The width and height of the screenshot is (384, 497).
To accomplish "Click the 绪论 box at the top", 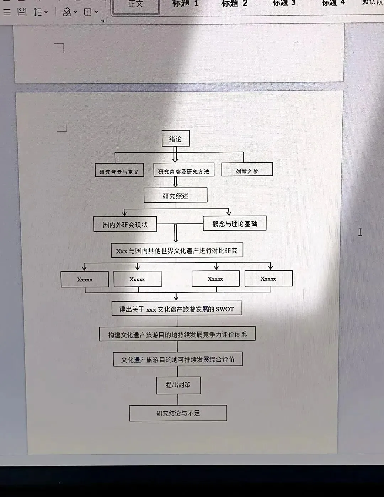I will (x=176, y=138).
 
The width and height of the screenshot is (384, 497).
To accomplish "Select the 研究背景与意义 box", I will (x=119, y=171).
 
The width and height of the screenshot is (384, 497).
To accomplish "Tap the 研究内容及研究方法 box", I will (x=184, y=171).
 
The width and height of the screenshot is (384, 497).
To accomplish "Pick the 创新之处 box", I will (x=247, y=170).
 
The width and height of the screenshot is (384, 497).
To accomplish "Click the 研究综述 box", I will (x=175, y=196).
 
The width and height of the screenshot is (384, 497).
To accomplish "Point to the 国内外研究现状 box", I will (x=125, y=224).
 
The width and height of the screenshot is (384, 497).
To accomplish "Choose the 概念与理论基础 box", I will (x=235, y=223).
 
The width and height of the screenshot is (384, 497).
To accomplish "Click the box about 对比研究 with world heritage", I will (x=177, y=250).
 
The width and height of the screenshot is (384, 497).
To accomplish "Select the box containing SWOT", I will (x=177, y=309).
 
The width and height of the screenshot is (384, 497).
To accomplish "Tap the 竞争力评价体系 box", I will (x=177, y=334).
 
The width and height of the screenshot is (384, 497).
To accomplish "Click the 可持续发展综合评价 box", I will (x=178, y=359).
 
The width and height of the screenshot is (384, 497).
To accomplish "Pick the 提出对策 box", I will (x=178, y=385).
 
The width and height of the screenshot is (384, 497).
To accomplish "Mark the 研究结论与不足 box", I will (x=178, y=413).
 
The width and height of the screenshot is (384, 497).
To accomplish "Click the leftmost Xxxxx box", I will (x=85, y=279).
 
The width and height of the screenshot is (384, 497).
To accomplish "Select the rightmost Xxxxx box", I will (x=268, y=279).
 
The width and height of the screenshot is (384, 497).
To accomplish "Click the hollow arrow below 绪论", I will (x=175, y=154).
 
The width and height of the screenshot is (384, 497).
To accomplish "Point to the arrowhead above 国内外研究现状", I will (x=124, y=213).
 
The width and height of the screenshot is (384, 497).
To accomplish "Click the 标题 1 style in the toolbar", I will (x=185, y=4).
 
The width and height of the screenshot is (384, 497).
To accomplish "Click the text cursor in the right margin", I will (x=360, y=232).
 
